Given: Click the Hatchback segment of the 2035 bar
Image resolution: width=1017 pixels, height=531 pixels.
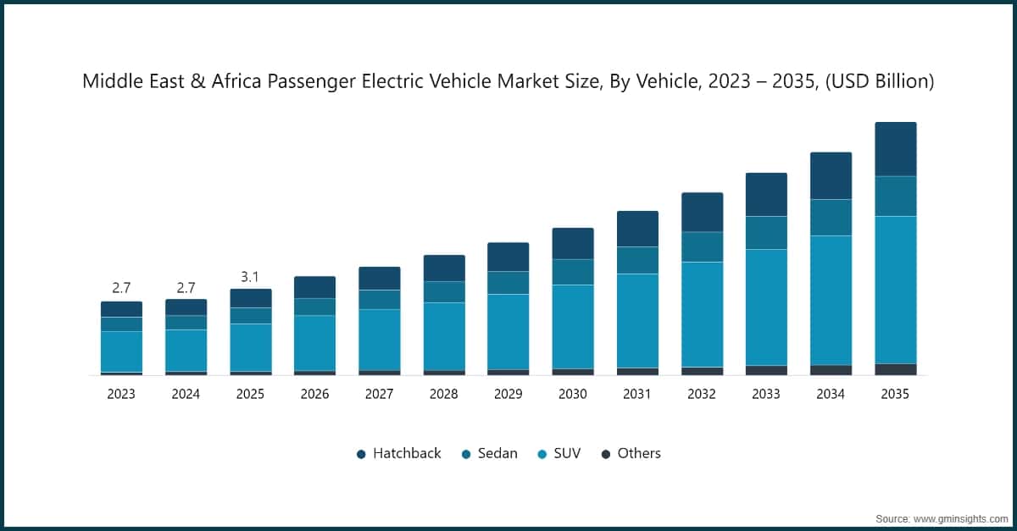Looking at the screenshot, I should (895, 149).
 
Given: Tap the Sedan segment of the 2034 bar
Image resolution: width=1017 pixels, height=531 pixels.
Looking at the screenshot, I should (831, 218).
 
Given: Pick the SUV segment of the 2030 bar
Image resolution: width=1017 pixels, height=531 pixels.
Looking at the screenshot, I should (573, 326).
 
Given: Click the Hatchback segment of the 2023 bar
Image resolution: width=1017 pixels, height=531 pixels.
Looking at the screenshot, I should (121, 309).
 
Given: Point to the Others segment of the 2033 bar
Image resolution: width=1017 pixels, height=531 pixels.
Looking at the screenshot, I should (766, 370).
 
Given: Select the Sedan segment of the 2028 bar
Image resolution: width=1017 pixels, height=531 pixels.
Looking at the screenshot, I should (444, 292).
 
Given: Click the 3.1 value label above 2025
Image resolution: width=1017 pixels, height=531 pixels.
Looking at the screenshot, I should (250, 277).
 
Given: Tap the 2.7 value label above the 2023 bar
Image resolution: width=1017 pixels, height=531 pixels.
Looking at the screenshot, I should (121, 288).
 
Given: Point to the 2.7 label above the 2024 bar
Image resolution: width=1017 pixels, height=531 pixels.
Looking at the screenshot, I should (186, 288).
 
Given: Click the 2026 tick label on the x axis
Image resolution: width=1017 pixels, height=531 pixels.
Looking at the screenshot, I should (314, 394).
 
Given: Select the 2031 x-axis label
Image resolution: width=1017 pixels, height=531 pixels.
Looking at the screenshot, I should (637, 394).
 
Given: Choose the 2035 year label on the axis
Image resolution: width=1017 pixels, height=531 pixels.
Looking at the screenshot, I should (895, 394).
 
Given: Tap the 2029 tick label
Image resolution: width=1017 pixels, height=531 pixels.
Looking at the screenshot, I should (508, 394).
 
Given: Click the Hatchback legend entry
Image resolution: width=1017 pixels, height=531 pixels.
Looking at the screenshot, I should (398, 453).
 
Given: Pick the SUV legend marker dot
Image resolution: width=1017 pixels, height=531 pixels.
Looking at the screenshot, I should (542, 454).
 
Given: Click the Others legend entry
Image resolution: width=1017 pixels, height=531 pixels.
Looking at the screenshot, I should (631, 453).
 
